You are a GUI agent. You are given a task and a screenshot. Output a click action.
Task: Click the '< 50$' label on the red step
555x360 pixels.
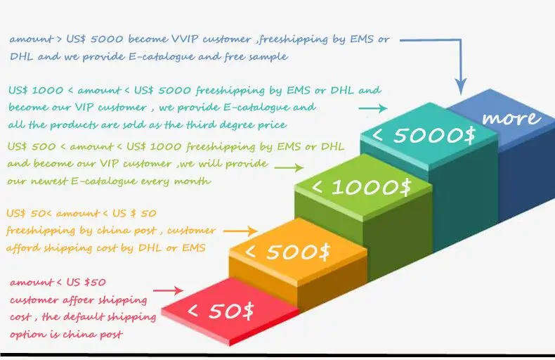coord(221,310)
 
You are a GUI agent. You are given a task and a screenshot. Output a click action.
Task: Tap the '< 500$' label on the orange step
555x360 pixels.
coord(287,251)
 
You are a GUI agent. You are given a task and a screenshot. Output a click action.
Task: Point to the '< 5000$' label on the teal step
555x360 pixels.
coord(424,135)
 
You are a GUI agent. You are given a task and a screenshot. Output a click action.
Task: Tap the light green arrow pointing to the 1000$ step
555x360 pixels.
coord(289,168)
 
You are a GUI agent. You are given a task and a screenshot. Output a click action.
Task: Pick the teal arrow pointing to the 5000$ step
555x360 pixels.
coord(372,108)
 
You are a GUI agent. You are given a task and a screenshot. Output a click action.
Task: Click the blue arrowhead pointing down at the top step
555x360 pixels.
coord(461,87)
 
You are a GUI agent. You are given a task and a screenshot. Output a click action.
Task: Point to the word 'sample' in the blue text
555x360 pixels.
coord(268,56)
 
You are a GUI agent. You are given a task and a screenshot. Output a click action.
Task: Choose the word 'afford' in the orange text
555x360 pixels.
coord(24,247)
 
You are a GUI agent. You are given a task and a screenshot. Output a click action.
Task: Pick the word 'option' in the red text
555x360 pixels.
coord(27,335)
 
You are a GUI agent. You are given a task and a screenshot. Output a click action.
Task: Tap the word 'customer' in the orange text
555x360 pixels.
coord(192,230)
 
